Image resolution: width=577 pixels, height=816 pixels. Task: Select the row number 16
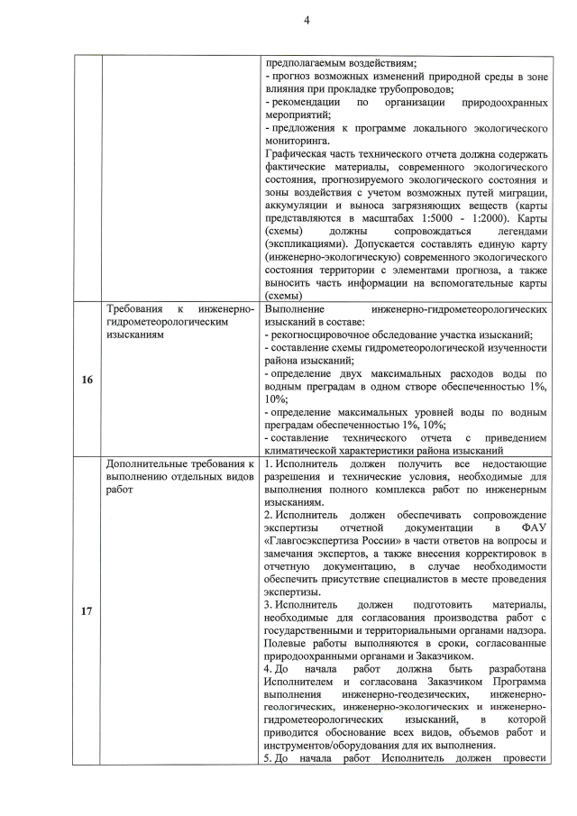(x=87, y=380)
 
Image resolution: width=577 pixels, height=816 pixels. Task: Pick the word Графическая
(x=301, y=154)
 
